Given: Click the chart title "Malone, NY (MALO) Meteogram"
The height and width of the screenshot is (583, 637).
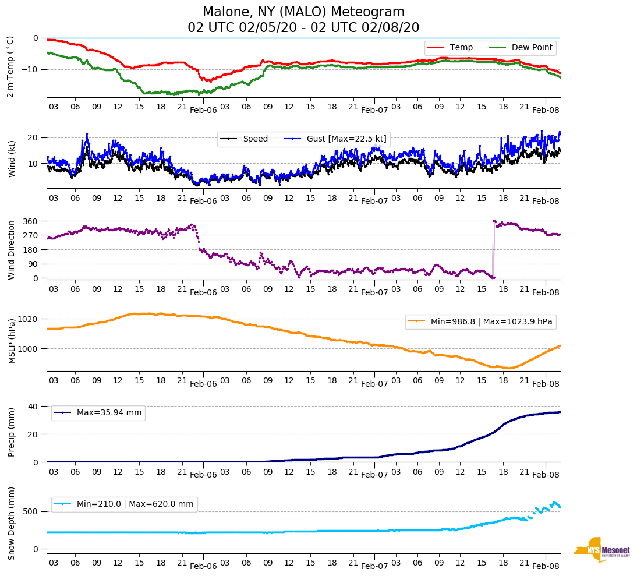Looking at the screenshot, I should click(x=303, y=12).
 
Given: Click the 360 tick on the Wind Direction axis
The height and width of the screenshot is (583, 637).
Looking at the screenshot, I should click(x=30, y=221).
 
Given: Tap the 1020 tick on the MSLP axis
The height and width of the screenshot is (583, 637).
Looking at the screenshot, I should click(x=28, y=319).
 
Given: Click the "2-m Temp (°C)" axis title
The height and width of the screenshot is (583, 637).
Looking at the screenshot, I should click(x=10, y=66).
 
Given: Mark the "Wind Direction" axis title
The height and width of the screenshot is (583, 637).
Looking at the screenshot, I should click(x=11, y=250).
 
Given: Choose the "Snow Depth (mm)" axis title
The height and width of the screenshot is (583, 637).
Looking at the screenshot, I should click(x=11, y=523).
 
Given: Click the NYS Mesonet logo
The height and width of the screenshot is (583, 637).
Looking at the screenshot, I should click(x=601, y=550).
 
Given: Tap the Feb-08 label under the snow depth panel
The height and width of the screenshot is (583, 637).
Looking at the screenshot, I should click(x=546, y=566).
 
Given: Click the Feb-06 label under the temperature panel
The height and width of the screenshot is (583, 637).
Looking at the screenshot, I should click(x=203, y=110).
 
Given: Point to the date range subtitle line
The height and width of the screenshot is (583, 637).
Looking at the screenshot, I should click(x=303, y=28).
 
